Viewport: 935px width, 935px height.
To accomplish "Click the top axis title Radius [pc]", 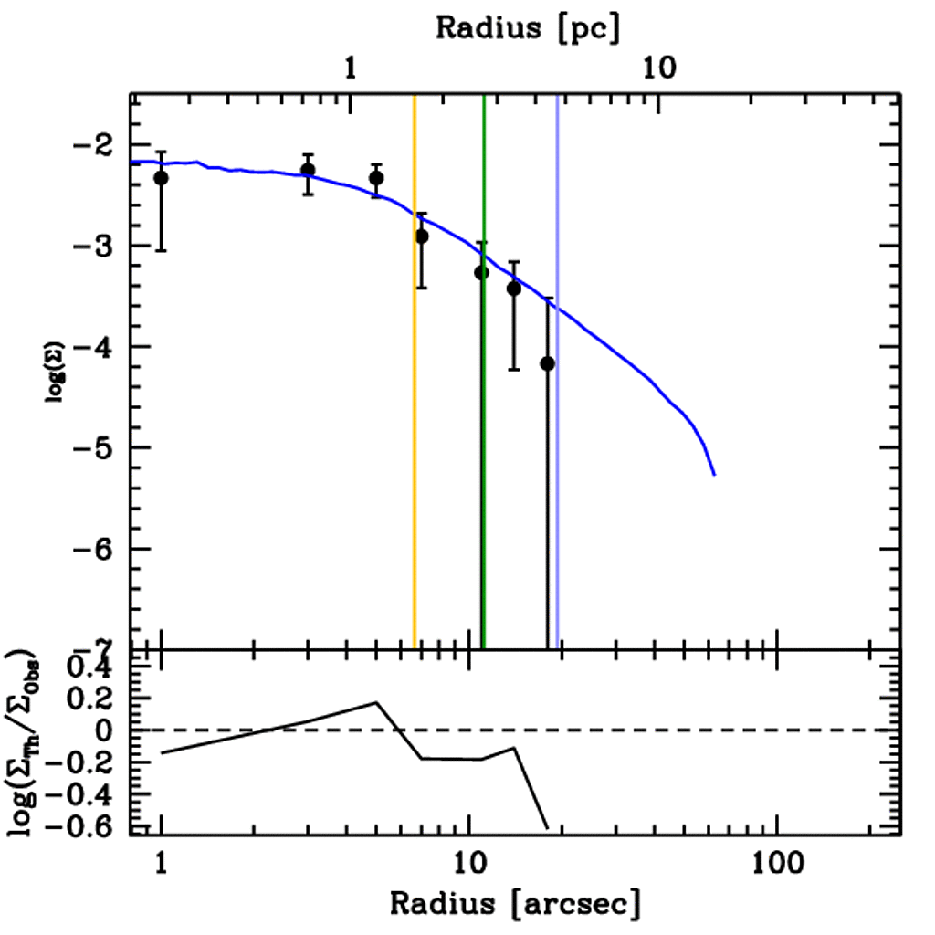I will [x=527, y=26].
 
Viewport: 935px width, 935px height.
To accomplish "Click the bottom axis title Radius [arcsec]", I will [x=515, y=903].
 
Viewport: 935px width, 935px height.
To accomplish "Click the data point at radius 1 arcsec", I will [x=162, y=177].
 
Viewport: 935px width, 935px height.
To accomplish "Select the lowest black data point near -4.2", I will [x=548, y=363].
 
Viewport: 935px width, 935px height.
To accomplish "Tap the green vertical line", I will [x=484, y=457].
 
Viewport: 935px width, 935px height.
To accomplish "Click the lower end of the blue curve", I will [x=714, y=474].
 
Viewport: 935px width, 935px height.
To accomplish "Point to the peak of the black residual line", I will [x=376, y=702].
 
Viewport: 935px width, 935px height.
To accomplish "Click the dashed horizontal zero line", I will [x=639, y=730].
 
